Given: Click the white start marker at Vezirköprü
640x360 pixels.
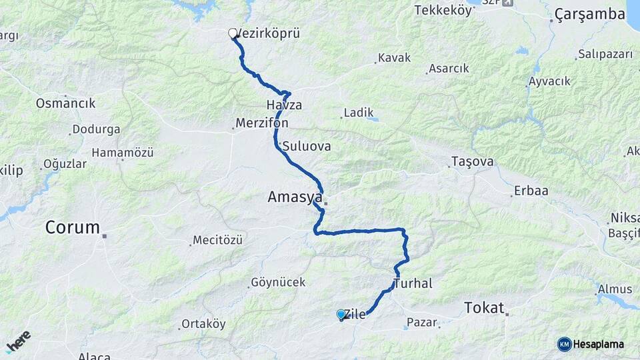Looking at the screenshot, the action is click(x=233, y=33).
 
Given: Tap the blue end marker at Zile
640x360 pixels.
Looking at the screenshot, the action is click(x=341, y=314).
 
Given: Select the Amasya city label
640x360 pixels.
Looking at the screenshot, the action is click(x=295, y=197).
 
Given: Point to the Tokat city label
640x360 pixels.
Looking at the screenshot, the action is click(x=484, y=307).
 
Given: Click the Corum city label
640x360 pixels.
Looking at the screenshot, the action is click(x=72, y=227).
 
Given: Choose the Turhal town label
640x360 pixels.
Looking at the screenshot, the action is click(x=413, y=283).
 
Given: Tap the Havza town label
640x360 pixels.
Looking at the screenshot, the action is click(x=284, y=105).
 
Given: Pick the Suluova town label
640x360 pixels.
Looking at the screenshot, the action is click(x=306, y=146).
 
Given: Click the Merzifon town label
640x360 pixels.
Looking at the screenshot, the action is click(x=262, y=123).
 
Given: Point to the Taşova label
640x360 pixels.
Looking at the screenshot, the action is click(x=473, y=161).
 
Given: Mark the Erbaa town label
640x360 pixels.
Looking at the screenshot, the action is click(x=531, y=191).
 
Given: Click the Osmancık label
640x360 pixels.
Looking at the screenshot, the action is click(x=65, y=103).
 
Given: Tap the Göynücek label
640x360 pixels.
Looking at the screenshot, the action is click(x=278, y=282).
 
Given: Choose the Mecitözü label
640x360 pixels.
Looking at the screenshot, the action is click(x=217, y=240).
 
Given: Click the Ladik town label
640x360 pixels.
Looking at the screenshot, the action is click(x=359, y=113).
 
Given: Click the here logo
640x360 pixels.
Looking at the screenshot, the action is click(x=18, y=341).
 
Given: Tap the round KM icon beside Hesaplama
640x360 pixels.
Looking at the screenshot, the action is click(x=564, y=344).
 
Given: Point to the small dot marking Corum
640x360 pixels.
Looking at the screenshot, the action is click(x=105, y=235).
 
